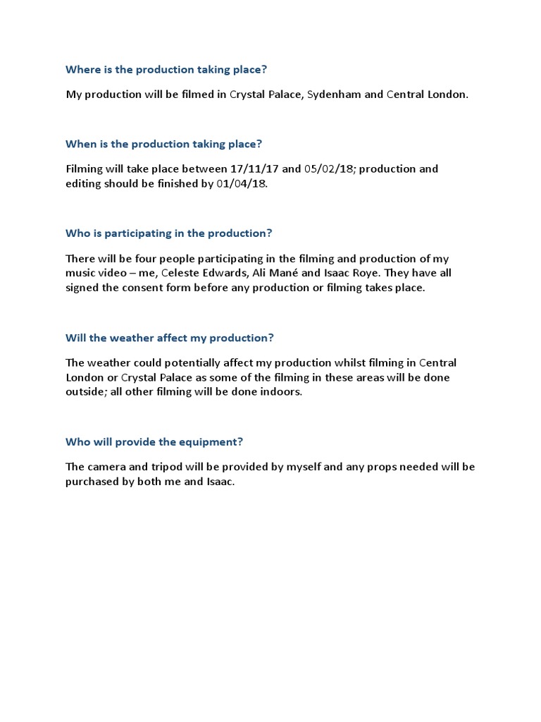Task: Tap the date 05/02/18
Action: (330, 169)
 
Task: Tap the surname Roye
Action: (357, 273)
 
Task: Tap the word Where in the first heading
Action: (81, 70)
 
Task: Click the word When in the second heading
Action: (80, 144)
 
